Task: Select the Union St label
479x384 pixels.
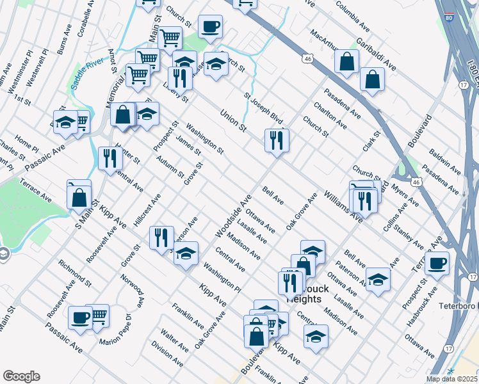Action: pos(233,120)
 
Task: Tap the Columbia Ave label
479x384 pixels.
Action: pos(352,17)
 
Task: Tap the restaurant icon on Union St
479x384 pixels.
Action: pos(277,140)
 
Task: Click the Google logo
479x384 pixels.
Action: pos(21,376)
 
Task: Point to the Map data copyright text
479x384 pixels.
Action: pos(452,379)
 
